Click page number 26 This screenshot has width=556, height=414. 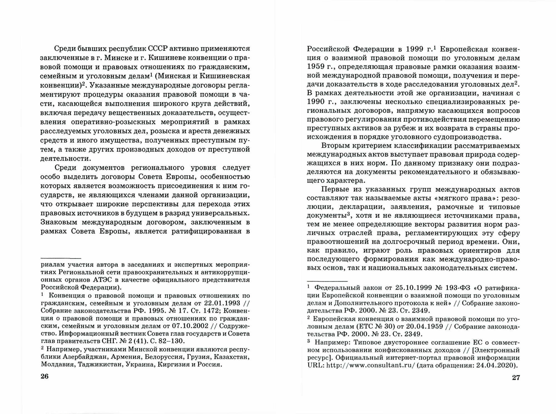point(44,376)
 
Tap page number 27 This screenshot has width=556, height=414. point(516,378)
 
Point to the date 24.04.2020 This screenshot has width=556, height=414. point(494,365)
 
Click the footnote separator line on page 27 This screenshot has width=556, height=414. point(327,281)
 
